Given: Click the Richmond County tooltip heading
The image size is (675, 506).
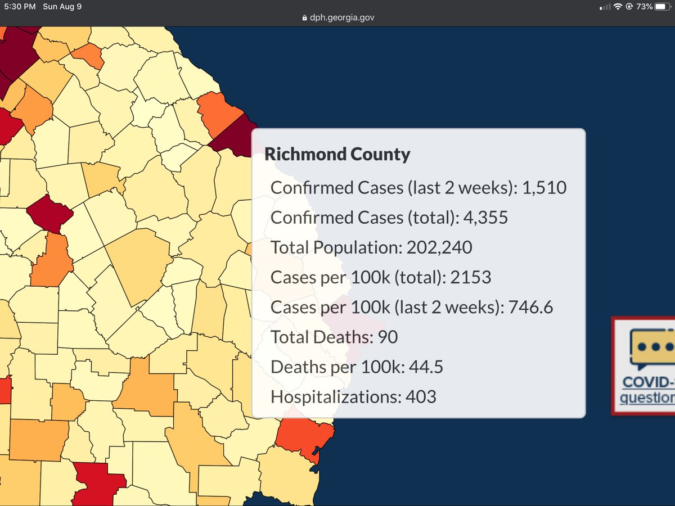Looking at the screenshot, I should point(337,153).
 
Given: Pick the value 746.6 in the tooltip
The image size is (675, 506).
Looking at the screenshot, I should point(530,307).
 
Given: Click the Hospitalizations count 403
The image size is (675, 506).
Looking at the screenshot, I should point(421,397).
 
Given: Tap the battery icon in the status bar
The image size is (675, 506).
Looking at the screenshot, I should point(664,7).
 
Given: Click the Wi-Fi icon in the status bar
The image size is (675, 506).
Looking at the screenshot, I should point(618,7).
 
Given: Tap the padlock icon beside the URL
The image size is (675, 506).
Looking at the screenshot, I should point(305,17).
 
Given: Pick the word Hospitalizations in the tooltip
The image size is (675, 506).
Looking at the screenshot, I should point(335,397).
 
